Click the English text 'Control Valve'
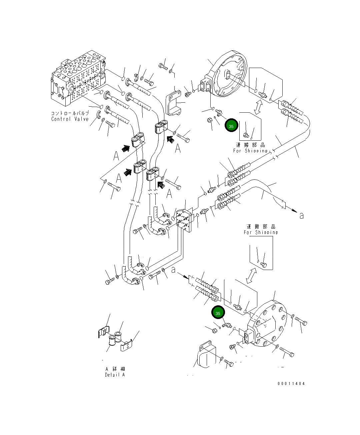click(x=70, y=119)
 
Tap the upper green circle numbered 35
click(x=231, y=126)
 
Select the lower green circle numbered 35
click(x=218, y=313)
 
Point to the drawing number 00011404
click(x=291, y=384)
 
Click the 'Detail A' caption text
click(x=115, y=375)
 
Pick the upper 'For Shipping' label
click(x=250, y=151)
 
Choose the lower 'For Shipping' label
click(x=261, y=232)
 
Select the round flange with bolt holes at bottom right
click(x=268, y=325)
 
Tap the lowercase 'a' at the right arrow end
click(x=301, y=216)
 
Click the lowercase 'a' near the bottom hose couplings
click(x=173, y=270)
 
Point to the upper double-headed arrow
click(x=258, y=107)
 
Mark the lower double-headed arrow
click(x=251, y=275)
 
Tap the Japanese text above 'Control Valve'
click(x=70, y=113)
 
